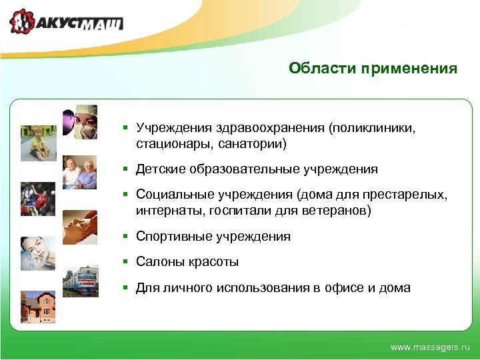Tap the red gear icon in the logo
[x=22, y=23]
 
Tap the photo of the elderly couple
[x=80, y=173]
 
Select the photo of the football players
[x=38, y=199]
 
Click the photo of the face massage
[x=80, y=227]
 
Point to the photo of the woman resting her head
[x=38, y=253]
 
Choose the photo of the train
[x=80, y=281]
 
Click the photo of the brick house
[x=38, y=307]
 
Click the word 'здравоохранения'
[x=272, y=128]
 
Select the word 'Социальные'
[x=175, y=195]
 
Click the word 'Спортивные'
[x=173, y=237]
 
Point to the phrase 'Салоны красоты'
[x=187, y=262]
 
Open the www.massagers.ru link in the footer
[x=430, y=347]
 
